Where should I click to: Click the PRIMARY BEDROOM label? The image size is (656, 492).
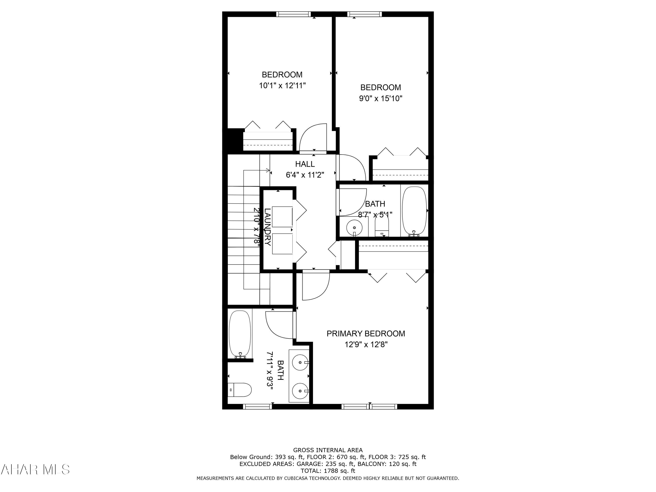pos(366,334)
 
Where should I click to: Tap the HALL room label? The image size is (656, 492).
pos(305,164)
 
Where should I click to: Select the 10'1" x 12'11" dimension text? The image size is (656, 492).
pos(282,86)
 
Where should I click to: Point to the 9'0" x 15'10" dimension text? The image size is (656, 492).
pos(380,98)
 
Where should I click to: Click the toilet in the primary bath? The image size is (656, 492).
pos(241,390)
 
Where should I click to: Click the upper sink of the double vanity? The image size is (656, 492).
pos(300,362)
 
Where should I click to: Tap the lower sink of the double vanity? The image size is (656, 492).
pos(300,391)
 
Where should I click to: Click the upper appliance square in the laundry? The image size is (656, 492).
pos(282,217)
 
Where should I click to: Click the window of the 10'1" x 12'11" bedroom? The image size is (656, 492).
pos(293,14)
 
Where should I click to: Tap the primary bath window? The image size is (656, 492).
pos(257,407)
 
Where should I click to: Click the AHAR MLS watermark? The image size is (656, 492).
pos(35,469)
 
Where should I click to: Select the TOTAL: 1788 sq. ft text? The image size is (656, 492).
pos(328,471)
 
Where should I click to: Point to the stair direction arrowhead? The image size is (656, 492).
pos(268,171)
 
